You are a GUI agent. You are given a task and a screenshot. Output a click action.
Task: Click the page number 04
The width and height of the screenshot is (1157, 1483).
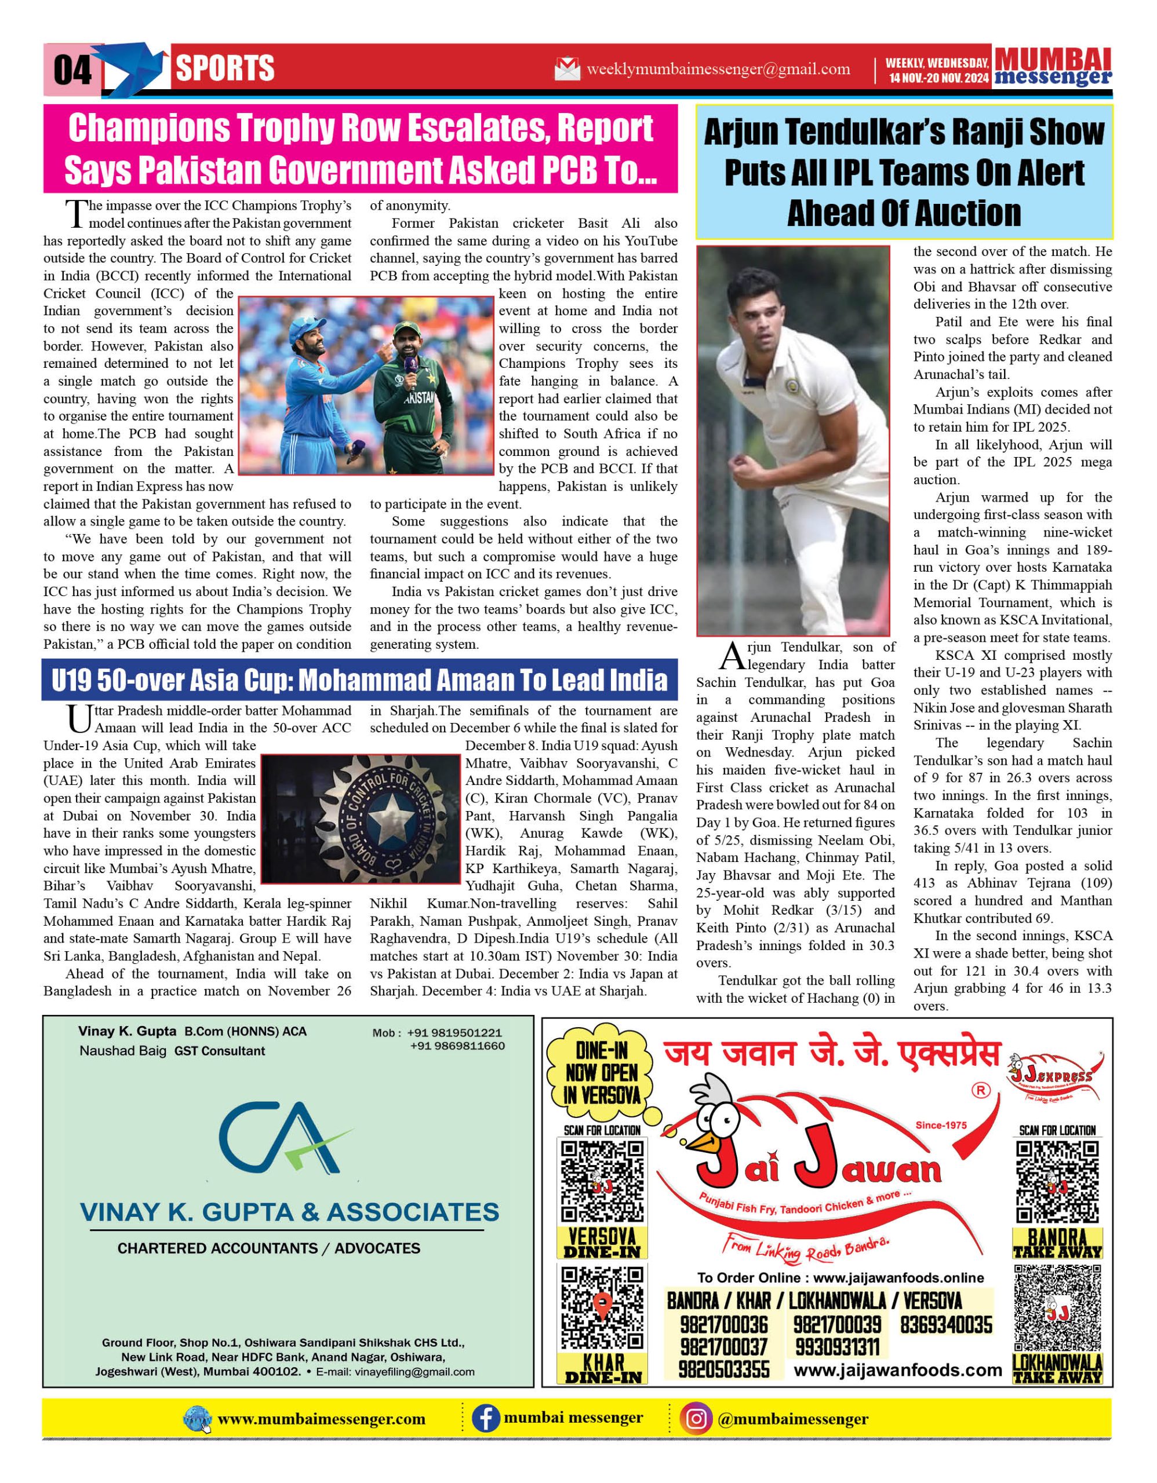72,70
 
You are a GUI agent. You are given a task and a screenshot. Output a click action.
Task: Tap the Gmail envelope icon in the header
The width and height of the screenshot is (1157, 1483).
566,70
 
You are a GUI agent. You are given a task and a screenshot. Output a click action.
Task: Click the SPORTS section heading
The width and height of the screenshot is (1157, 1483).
225,68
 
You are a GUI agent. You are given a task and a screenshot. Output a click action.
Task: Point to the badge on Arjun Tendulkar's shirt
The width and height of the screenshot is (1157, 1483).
790,386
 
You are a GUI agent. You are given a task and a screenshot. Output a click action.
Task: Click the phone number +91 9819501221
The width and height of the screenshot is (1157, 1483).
454,1033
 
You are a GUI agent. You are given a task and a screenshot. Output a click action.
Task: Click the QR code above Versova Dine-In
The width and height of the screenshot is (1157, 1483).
602,1182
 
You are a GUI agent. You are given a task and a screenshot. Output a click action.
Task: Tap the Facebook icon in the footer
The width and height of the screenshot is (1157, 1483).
485,1419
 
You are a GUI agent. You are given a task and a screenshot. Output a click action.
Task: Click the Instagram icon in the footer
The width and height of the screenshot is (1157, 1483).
695,1419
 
